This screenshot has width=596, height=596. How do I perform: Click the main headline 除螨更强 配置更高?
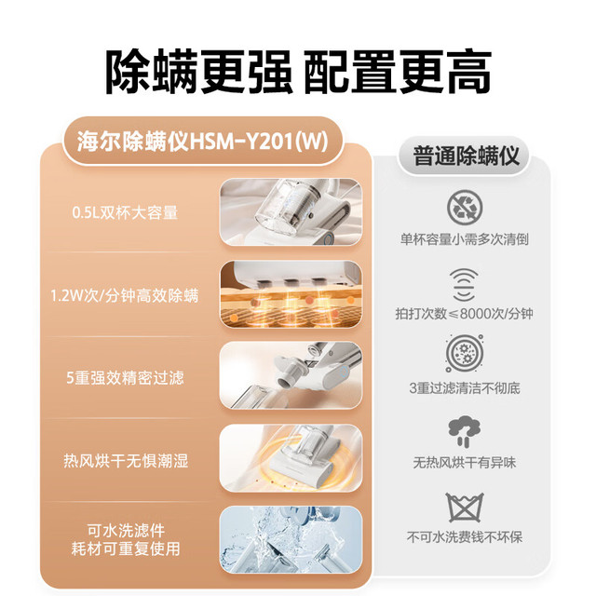tap(298, 72)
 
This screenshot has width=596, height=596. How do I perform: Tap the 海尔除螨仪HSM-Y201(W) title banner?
tap(203, 142)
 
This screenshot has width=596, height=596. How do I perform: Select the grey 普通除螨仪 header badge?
tap(466, 156)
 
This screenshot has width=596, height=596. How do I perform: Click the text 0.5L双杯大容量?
tap(125, 212)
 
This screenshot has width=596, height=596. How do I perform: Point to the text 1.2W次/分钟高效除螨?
tap(125, 295)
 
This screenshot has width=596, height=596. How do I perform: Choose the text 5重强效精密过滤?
tap(125, 378)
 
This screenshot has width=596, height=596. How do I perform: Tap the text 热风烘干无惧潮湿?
tap(126, 461)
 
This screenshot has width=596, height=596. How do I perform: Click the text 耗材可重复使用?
tap(126, 549)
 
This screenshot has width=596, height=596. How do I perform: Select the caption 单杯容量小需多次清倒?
tap(465, 239)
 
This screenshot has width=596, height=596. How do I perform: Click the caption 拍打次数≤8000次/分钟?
tap(464, 314)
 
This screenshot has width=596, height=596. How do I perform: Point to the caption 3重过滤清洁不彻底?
tap(465, 388)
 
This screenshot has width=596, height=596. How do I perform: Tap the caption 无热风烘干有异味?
tap(465, 463)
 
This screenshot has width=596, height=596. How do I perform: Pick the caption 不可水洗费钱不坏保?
tap(465, 537)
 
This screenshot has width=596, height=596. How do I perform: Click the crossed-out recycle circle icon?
tap(465, 208)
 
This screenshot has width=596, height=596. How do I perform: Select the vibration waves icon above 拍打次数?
tap(464, 285)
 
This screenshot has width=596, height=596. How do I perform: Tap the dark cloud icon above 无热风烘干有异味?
tap(464, 431)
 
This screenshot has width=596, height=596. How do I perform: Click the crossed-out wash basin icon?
tap(465, 508)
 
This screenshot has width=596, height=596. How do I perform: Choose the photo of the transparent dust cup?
tap(291, 212)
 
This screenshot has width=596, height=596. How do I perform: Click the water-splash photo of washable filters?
tap(291, 539)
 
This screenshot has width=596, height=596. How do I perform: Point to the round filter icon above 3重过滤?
tap(465, 353)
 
